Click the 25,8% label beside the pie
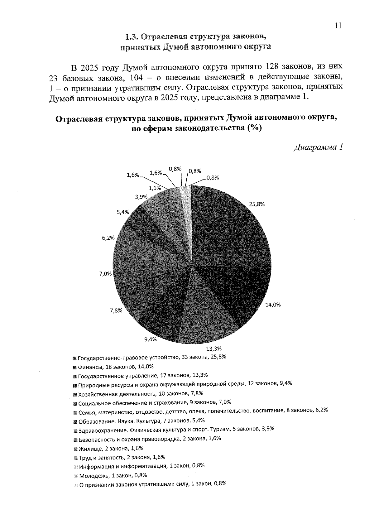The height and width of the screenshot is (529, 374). pos(257,204)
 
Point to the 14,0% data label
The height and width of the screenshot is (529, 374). pos(273,305)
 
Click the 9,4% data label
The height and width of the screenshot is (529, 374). pos(150,339)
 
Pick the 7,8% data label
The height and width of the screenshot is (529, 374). pos(116,310)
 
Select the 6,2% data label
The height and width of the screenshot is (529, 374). pos(108,238)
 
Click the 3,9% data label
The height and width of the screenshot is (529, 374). pos(141,196)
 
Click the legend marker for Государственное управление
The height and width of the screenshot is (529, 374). pos(74,375)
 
